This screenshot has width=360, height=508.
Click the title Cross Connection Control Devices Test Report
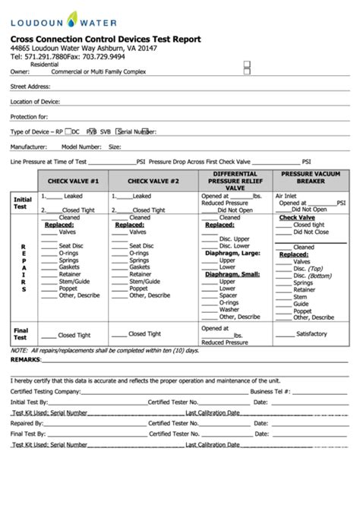pyautogui.click(x=106, y=39)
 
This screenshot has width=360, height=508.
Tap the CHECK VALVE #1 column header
pyautogui.click(x=74, y=182)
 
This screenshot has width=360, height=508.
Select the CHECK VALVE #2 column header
pyautogui.click(x=153, y=182)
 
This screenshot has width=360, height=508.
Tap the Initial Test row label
pyautogui.click(x=21, y=203)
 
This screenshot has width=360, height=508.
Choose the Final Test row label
pyautogui.click(x=21, y=333)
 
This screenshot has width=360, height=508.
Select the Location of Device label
pyautogui.click(x=36, y=101)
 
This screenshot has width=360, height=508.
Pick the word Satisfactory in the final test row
pyautogui.click(x=311, y=333)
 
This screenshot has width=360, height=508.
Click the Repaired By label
pyautogui.click(x=27, y=423)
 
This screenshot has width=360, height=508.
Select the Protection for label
pyautogui.click(x=29, y=116)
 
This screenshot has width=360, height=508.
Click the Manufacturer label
pyautogui.click(x=29, y=147)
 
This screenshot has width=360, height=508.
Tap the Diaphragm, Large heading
pyautogui.click(x=232, y=253)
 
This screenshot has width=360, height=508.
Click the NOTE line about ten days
pyautogui.click(x=104, y=351)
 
